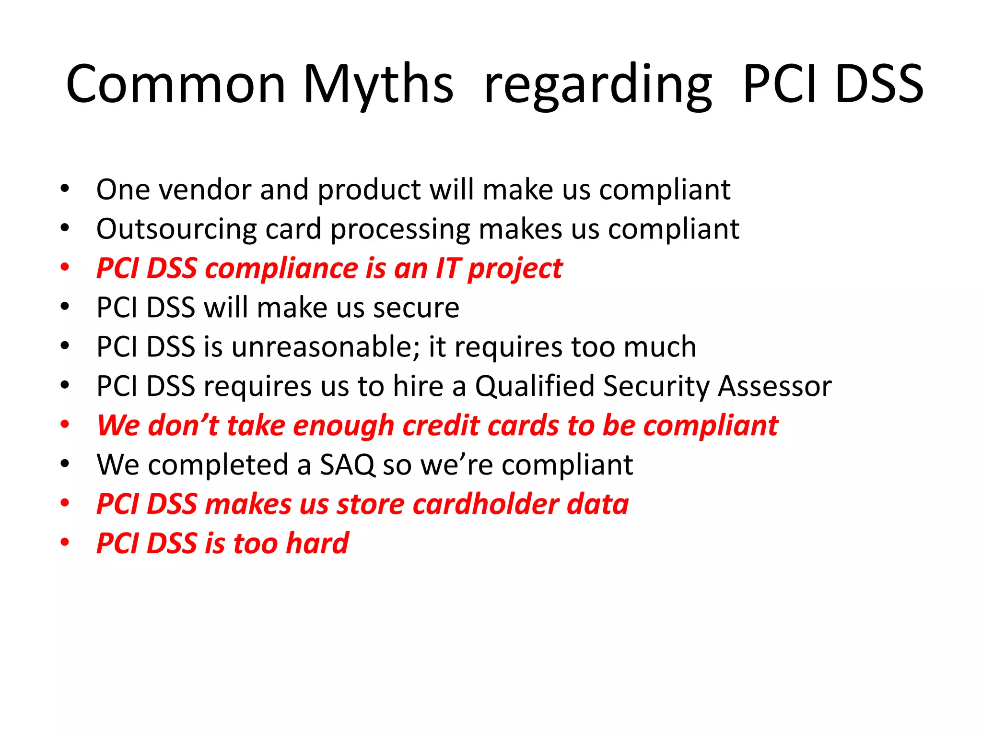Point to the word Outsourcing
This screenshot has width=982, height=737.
point(176,230)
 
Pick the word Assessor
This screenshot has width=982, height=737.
point(774,386)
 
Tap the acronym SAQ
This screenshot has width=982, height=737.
point(347,465)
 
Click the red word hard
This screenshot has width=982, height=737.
point(317,544)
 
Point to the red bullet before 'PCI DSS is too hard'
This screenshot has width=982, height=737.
point(65,543)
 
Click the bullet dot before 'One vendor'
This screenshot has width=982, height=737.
point(65,189)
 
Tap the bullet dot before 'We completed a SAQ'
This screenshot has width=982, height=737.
point(65,464)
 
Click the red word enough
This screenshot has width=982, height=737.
point(343,427)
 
